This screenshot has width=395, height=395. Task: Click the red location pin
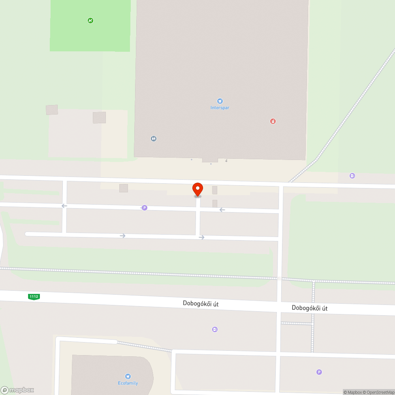click(x=197, y=189)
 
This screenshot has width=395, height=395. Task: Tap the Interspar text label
click(x=220, y=107)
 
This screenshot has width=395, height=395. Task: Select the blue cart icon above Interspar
click(x=220, y=101)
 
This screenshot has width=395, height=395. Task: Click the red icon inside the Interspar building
click(x=273, y=121)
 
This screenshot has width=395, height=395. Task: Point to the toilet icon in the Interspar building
click(x=153, y=139)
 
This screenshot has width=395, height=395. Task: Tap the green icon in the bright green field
click(x=90, y=21)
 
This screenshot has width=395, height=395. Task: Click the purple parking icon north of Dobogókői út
click(x=145, y=208)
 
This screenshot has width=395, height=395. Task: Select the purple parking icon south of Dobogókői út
click(x=319, y=372)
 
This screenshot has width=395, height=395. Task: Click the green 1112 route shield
click(x=34, y=297)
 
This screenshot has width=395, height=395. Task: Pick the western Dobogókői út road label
click(x=201, y=304)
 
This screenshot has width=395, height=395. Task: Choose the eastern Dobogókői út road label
click(x=310, y=308)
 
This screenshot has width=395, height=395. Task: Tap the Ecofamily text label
click(x=128, y=383)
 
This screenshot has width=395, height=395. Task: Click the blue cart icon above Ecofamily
click(x=128, y=376)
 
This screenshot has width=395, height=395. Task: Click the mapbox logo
click(x=17, y=390)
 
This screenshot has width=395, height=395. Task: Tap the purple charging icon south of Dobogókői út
click(x=215, y=329)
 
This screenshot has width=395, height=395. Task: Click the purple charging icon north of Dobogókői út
click(x=352, y=176)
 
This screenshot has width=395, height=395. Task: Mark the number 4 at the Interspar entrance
click(x=226, y=160)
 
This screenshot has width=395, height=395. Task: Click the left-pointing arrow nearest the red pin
click(x=222, y=210)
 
